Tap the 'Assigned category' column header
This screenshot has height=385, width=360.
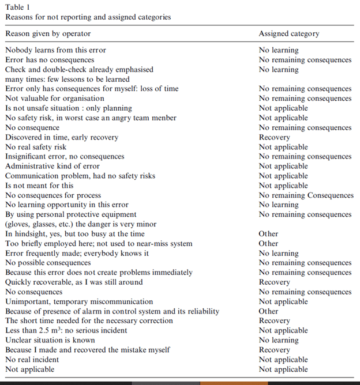click(288, 34)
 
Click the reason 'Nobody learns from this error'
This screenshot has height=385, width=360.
click(55, 50)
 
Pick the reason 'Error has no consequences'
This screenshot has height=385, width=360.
click(50, 60)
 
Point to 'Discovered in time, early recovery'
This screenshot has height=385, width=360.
click(62, 137)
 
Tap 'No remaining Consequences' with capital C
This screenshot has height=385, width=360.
click(306, 195)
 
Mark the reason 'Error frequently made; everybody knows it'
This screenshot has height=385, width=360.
click(77, 254)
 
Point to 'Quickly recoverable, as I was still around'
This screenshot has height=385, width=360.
click(74, 282)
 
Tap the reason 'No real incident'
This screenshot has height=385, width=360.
click(32, 360)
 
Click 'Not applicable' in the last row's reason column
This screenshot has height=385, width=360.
click(30, 369)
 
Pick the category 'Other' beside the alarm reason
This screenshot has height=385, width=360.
click(268, 311)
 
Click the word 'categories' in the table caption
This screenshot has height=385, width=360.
click(152, 17)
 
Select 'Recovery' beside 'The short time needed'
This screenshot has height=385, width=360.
click(274, 321)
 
